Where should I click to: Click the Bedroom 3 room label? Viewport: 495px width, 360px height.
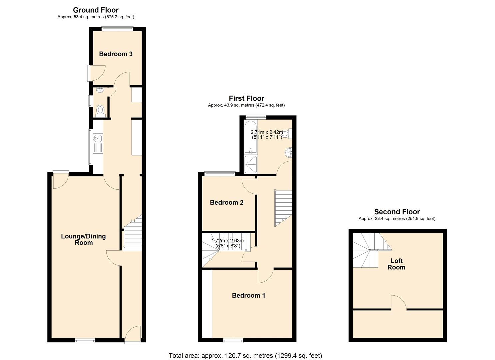pyautogui.click(x=116, y=54)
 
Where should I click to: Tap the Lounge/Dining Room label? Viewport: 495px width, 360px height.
pyautogui.click(x=83, y=239)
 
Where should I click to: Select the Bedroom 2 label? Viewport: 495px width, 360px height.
pyautogui.click(x=226, y=203)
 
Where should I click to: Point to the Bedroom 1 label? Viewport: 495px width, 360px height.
pyautogui.click(x=248, y=295)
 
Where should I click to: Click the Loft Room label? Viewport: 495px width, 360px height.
pyautogui.click(x=396, y=264)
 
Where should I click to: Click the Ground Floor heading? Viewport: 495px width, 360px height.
pyautogui.click(x=96, y=10)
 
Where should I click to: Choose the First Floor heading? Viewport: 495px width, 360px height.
pyautogui.click(x=246, y=98)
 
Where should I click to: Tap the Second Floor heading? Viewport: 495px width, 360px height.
pyautogui.click(x=397, y=212)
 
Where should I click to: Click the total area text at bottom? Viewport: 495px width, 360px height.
pyautogui.click(x=245, y=356)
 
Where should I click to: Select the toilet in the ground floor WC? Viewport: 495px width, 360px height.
pyautogui.click(x=100, y=110)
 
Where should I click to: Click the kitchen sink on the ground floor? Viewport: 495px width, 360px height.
pyautogui.click(x=97, y=138)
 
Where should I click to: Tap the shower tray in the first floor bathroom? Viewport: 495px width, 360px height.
pyautogui.click(x=251, y=165)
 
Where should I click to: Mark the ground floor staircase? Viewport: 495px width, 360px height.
pyautogui.click(x=132, y=233)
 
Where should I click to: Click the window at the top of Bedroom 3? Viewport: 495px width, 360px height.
pyautogui.click(x=117, y=29)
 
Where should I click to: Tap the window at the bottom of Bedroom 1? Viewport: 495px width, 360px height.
pyautogui.click(x=233, y=340)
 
